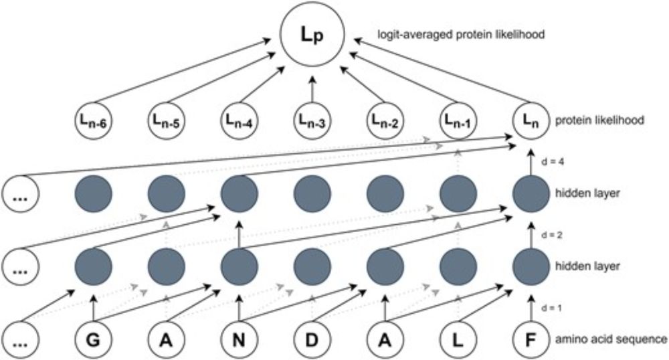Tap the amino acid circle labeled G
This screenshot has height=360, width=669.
pos(92,340)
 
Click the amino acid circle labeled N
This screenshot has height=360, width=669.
pos(239,340)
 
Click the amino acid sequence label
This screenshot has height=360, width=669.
pos(610,340)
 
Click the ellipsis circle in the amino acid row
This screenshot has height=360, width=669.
pos(21,340)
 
